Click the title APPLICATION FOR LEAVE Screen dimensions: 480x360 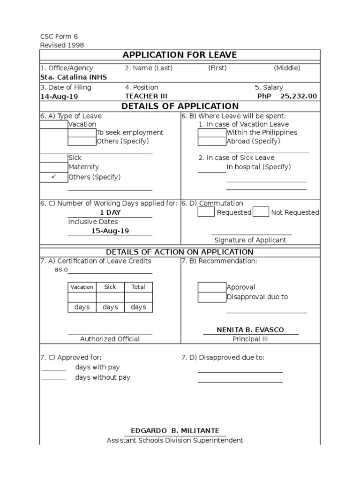click(x=180, y=55)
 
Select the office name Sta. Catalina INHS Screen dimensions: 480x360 click(x=74, y=77)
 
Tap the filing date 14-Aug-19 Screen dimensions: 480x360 click(x=59, y=97)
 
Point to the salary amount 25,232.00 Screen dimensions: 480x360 click(x=299, y=97)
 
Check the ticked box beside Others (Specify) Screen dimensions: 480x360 click(x=53, y=177)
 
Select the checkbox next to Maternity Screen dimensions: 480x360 click(x=53, y=167)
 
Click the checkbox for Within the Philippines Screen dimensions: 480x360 click(x=212, y=133)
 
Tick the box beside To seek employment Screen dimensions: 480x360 click(x=82, y=133)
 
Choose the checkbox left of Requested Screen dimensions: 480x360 click(x=206, y=212)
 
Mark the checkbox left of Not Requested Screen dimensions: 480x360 click(x=261, y=212)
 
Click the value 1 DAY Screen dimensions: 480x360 click(x=110, y=213)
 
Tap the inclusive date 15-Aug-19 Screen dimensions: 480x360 click(x=110, y=231)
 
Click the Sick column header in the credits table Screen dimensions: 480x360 click(x=110, y=287)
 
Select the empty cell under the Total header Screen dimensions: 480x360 click(x=138, y=297)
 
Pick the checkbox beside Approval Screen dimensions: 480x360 click(x=212, y=287)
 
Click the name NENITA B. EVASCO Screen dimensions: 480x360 click(x=250, y=330)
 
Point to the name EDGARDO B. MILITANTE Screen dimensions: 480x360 click(x=175, y=431)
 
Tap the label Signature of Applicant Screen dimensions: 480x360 click(x=250, y=240)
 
